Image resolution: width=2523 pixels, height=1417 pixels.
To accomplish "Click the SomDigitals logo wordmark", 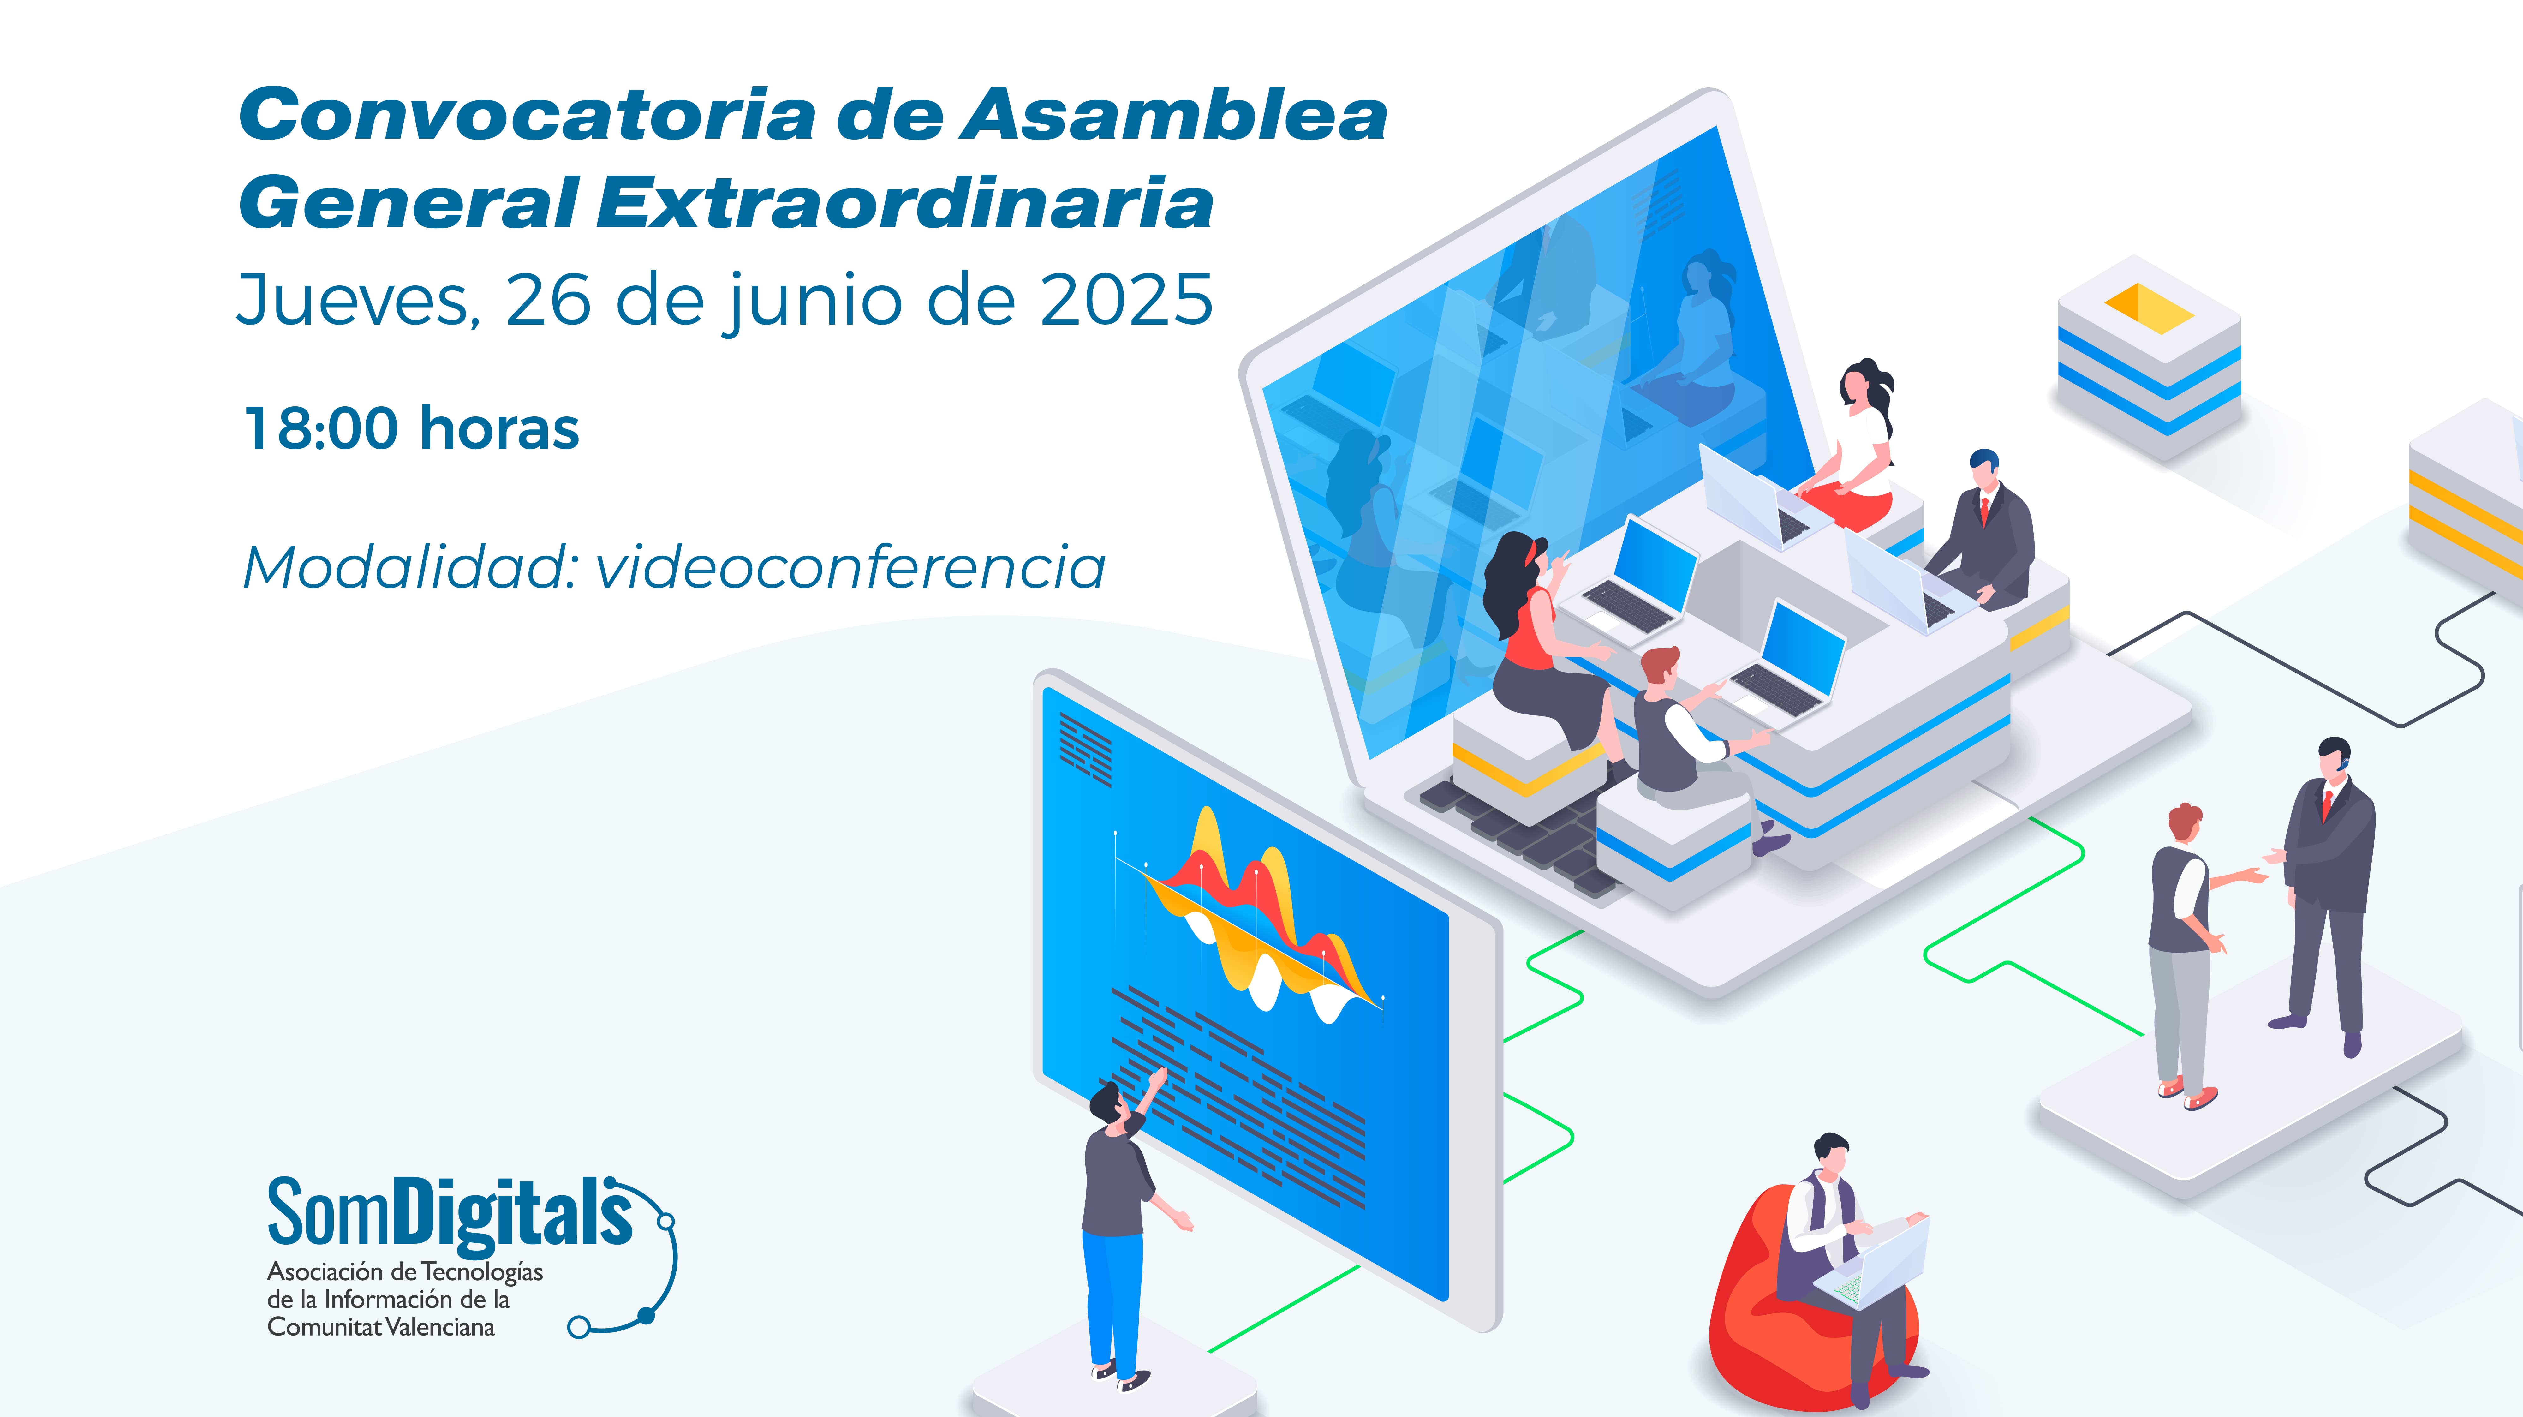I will pos(450,1214).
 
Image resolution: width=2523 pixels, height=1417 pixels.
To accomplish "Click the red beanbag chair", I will pos(1763,1312).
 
